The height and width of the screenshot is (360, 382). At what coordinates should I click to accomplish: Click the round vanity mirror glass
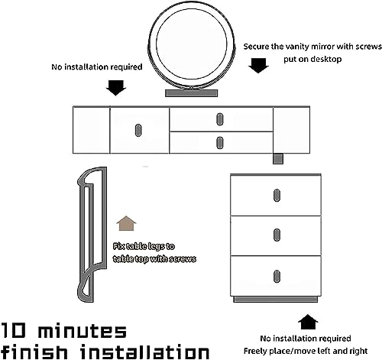point(191,42)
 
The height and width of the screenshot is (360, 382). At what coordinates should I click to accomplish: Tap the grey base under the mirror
point(191,93)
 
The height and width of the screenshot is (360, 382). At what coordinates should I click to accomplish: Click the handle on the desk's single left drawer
point(138,130)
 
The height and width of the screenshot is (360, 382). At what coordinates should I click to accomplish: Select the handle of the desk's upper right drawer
point(219,119)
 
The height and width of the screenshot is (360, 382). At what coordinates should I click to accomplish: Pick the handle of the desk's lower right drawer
point(219,143)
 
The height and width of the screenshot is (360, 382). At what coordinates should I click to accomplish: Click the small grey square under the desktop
point(278,159)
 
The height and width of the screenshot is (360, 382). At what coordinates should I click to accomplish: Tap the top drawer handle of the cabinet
point(277,196)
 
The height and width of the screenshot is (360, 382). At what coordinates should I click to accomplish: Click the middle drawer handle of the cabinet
point(277,235)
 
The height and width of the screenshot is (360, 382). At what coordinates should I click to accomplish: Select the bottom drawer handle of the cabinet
point(277,276)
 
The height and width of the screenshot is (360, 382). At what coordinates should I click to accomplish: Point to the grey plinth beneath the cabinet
point(276,300)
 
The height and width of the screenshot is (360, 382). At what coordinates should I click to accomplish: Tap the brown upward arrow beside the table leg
point(126,223)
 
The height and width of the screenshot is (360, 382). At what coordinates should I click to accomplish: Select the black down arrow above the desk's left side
point(116,88)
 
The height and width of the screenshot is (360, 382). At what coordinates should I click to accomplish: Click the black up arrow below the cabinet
point(308,322)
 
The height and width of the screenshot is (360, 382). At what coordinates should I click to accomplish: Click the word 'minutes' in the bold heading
point(82,331)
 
